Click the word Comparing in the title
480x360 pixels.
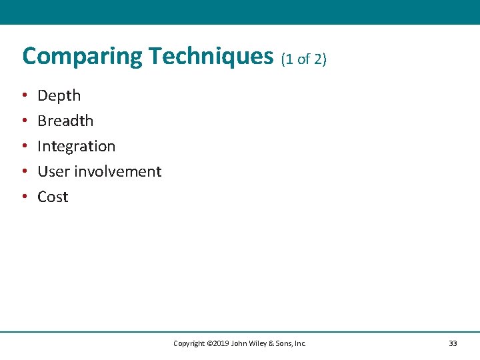tap(83, 57)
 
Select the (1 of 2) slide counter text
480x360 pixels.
tap(304, 59)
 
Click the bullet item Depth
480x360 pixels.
tap(59, 95)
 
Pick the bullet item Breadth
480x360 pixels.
tap(65, 121)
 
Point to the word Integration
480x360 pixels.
tap(76, 146)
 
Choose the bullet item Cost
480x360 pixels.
tap(53, 197)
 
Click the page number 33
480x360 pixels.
tap(453, 343)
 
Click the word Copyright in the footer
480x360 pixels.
tap(189, 343)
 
